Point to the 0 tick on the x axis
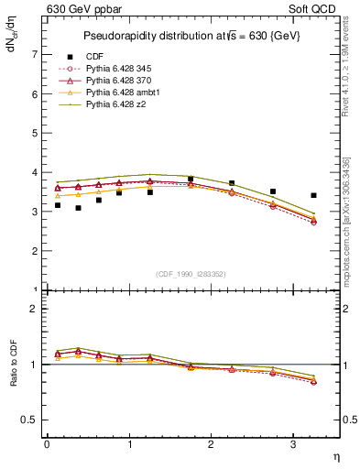click(46, 444)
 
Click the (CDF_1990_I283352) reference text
click(191, 274)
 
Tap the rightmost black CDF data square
click(314, 195)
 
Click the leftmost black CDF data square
click(58, 205)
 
